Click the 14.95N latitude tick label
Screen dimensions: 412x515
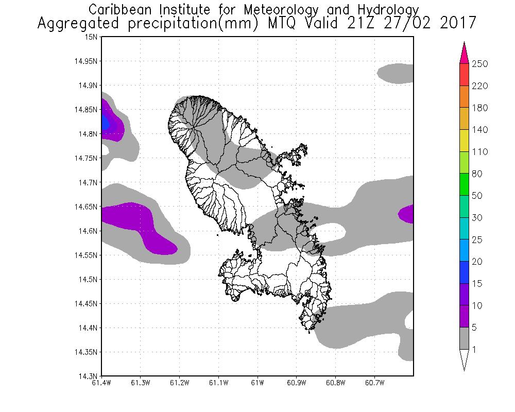87,61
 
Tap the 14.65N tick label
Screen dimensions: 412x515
87,207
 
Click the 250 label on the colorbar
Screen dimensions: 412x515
479,64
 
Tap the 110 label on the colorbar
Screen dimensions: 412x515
479,152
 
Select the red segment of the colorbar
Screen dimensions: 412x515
463,75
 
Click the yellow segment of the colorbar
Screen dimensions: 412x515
463,141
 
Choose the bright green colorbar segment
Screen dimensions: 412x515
463,184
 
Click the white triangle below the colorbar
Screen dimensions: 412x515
463,359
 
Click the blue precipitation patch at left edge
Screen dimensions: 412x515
105,123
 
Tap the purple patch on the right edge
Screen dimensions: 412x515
407,213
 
